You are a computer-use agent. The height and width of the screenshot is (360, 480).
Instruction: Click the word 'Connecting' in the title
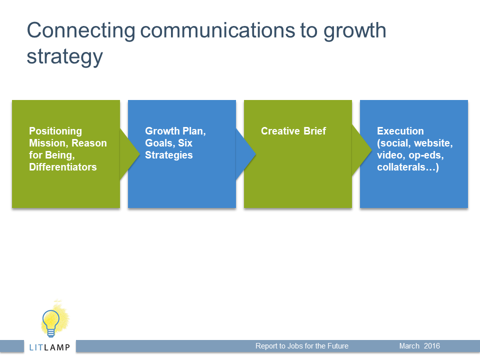tap(81, 31)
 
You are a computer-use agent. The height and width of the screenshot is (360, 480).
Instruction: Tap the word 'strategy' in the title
tap(64, 57)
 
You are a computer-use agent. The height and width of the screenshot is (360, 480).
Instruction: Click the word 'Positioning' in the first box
tap(55, 131)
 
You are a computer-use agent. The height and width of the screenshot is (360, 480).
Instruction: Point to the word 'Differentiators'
tap(63, 167)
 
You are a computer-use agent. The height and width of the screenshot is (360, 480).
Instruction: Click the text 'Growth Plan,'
tap(175, 131)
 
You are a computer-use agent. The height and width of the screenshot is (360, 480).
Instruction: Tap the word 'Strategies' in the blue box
tap(168, 155)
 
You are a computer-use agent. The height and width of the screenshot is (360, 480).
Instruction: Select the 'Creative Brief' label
tap(293, 131)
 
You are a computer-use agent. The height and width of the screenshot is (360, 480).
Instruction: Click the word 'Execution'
tap(400, 131)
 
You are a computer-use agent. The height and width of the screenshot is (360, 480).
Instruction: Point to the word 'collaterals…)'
tap(408, 167)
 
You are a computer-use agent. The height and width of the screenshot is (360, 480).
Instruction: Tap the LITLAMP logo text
tap(49, 347)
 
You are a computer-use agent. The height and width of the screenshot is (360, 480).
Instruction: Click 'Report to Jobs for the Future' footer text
tap(302, 346)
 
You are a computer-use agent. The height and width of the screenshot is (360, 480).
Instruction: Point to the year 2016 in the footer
tap(431, 346)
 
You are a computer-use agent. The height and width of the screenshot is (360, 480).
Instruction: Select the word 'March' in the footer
tap(409, 346)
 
